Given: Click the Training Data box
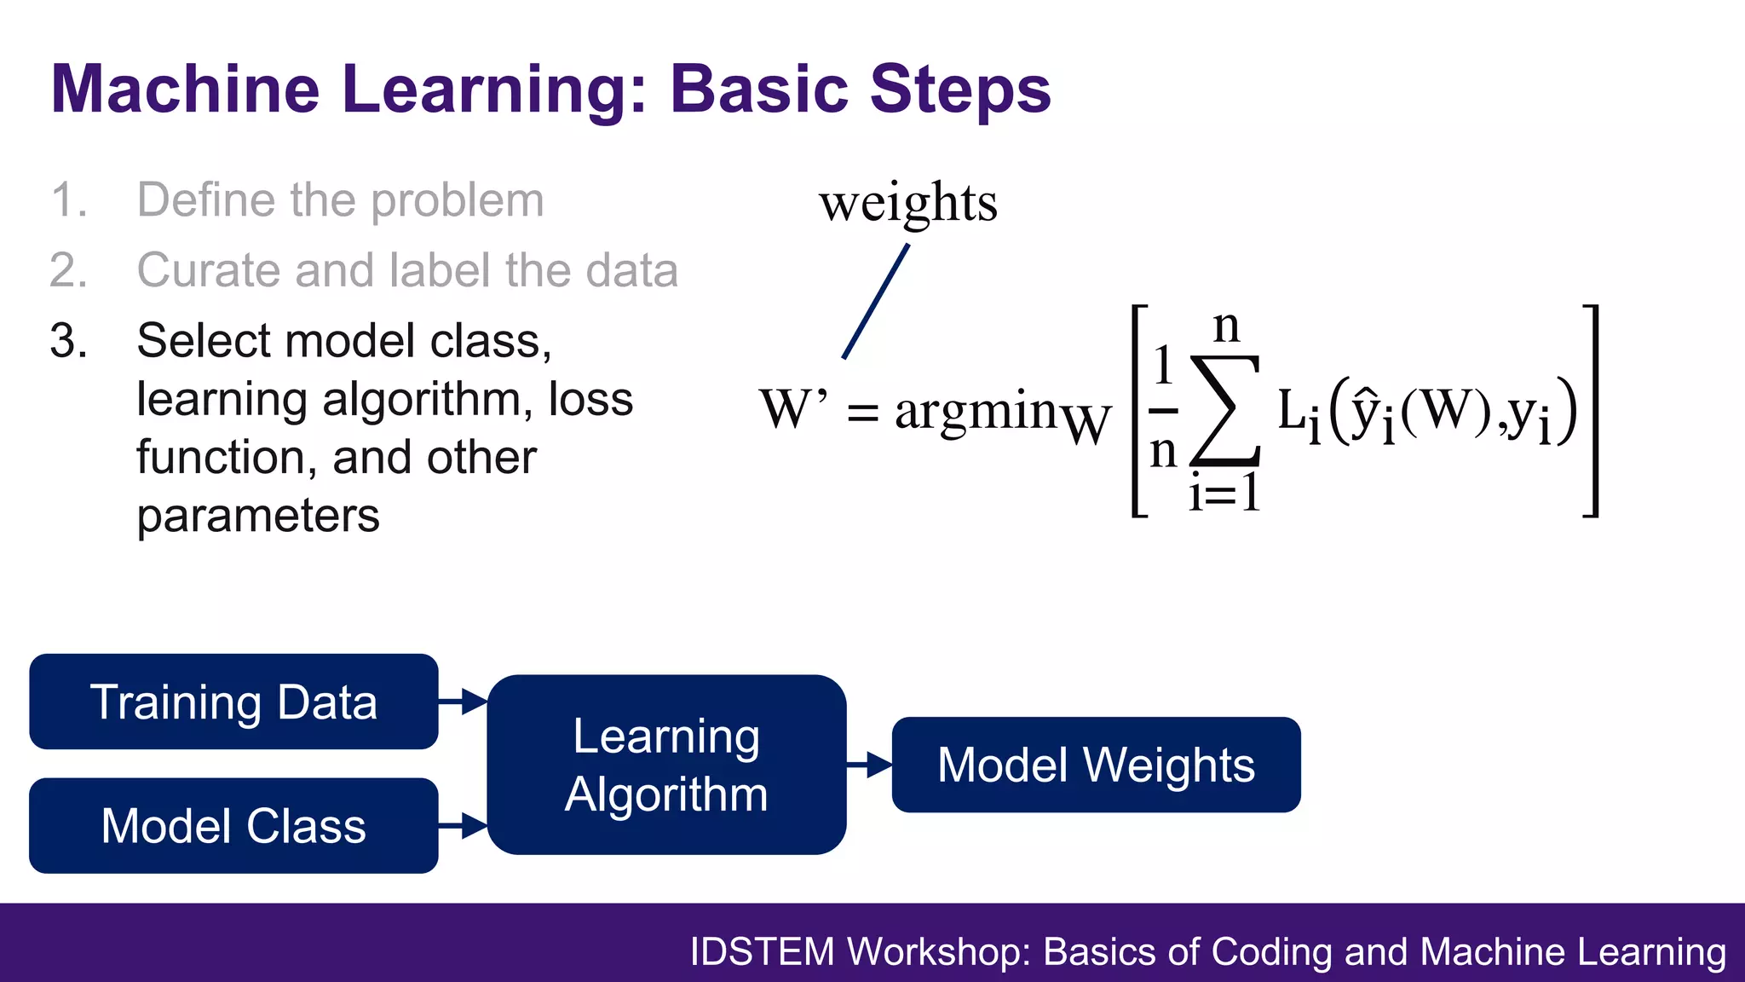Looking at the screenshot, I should (233, 702).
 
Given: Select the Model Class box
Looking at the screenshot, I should (233, 825).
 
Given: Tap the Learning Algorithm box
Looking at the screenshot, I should (666, 765).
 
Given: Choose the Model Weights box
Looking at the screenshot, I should (1096, 765).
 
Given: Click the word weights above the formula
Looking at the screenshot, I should (908, 203).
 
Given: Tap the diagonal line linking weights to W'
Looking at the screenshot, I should (876, 302).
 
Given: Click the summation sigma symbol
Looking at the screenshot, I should (1225, 411).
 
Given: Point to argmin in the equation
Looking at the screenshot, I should (976, 412).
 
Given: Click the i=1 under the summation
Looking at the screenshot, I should (1224, 493).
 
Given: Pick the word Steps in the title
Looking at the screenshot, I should (961, 89).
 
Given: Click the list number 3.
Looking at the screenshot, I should (68, 341).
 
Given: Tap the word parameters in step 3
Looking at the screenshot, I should (258, 516).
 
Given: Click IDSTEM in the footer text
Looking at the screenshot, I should (762, 952).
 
